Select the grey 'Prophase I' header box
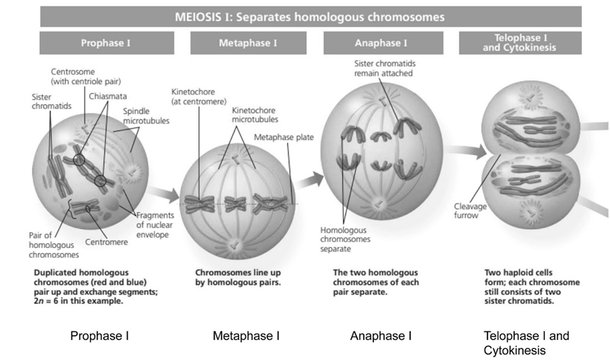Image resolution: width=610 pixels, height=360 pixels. pyautogui.click(x=107, y=43)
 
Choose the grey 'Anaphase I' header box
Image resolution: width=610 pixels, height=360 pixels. pyautogui.click(x=378, y=43)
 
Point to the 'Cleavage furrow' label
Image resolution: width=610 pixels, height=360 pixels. pyautogui.click(x=468, y=210)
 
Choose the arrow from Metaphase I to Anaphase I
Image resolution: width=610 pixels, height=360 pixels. pyautogui.click(x=311, y=176)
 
